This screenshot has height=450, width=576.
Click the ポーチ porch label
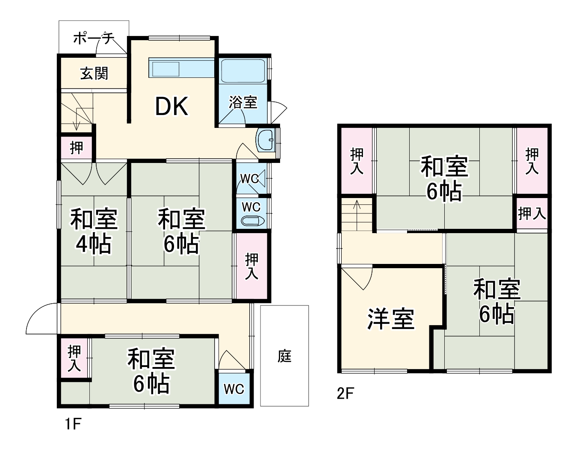(94, 38)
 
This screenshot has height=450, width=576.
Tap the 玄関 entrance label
(94, 74)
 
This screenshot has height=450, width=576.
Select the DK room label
(171, 107)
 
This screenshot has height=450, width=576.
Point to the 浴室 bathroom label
(243, 102)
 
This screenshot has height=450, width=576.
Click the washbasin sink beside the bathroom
(266, 140)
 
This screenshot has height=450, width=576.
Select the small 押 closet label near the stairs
(77, 148)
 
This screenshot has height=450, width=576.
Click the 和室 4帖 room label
(94, 231)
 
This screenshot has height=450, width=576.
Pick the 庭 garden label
(284, 356)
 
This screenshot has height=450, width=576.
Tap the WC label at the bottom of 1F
(234, 389)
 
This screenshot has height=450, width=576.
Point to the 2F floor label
(346, 393)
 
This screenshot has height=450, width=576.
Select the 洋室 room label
(391, 319)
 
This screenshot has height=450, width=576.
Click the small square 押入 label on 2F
(532, 213)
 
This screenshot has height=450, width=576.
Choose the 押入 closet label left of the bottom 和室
(74, 358)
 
